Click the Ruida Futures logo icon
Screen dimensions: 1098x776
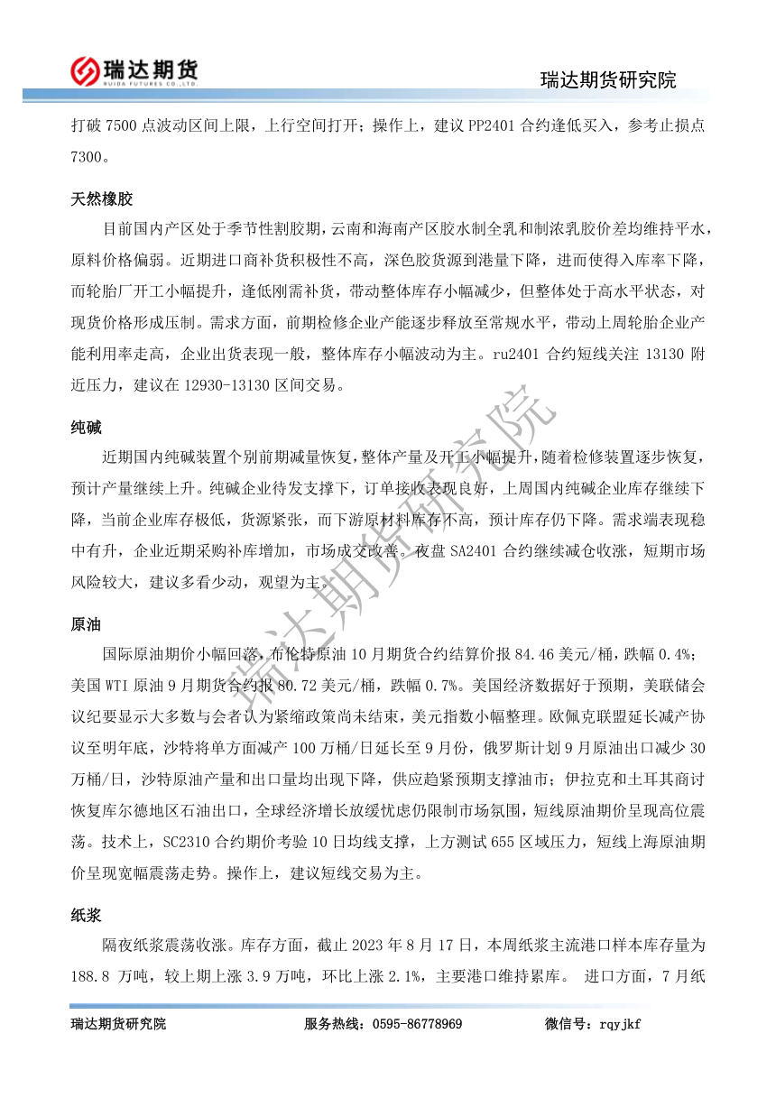85,69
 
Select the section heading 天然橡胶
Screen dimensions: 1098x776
102,198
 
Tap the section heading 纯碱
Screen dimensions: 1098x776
87,426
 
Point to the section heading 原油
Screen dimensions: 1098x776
87,623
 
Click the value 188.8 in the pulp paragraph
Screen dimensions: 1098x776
90,975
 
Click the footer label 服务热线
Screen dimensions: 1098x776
332,1023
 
